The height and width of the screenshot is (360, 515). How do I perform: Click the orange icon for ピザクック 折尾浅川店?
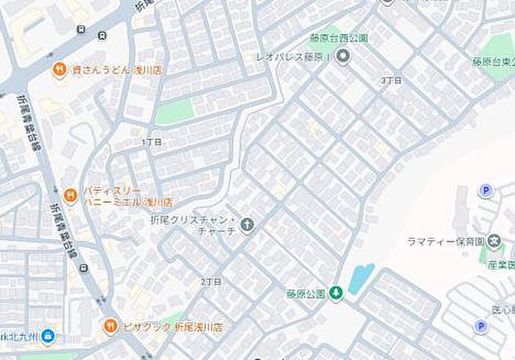click(110, 326)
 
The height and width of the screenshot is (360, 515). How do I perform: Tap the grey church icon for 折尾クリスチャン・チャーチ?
click(248, 224)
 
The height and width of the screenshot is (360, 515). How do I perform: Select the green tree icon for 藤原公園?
click(336, 293)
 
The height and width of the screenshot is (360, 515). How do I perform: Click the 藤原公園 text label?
click(304, 293)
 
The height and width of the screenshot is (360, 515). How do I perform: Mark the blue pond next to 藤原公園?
click(361, 278)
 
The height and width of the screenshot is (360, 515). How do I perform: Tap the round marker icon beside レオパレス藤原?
click(344, 57)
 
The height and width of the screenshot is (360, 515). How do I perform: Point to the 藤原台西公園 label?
click(339, 37)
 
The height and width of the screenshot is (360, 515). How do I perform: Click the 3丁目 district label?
click(390, 80)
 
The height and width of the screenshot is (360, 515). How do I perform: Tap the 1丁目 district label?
click(151, 142)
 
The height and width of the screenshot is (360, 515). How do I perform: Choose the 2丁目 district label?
click(211, 282)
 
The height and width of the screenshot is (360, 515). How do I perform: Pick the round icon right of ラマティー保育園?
click(496, 242)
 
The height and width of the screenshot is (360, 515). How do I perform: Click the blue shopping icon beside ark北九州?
click(48, 336)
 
